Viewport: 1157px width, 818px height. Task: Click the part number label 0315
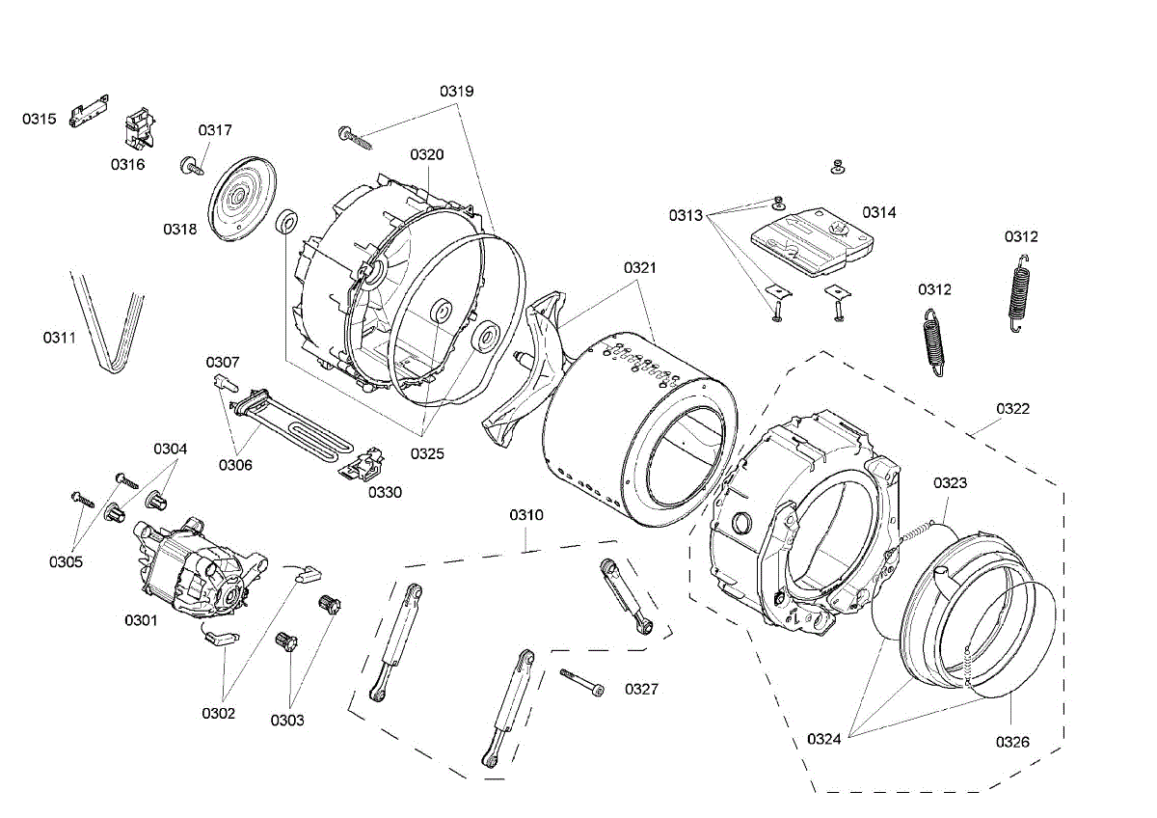point(40,120)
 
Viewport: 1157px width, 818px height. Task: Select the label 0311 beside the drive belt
point(60,338)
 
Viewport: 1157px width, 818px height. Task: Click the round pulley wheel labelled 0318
point(237,199)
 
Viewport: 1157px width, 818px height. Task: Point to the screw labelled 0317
point(191,166)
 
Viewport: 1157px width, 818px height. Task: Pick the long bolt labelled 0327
point(581,682)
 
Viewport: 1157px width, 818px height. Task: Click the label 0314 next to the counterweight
point(879,212)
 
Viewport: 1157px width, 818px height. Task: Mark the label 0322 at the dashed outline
point(1012,409)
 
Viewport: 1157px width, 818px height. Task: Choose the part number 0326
point(1012,742)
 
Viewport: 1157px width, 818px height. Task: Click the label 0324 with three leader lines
point(824,739)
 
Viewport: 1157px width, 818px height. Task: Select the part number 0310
point(526,515)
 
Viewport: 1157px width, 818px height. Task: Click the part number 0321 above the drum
point(639,267)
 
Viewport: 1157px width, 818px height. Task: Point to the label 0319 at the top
point(457,92)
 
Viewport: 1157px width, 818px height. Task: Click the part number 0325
point(426,452)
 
